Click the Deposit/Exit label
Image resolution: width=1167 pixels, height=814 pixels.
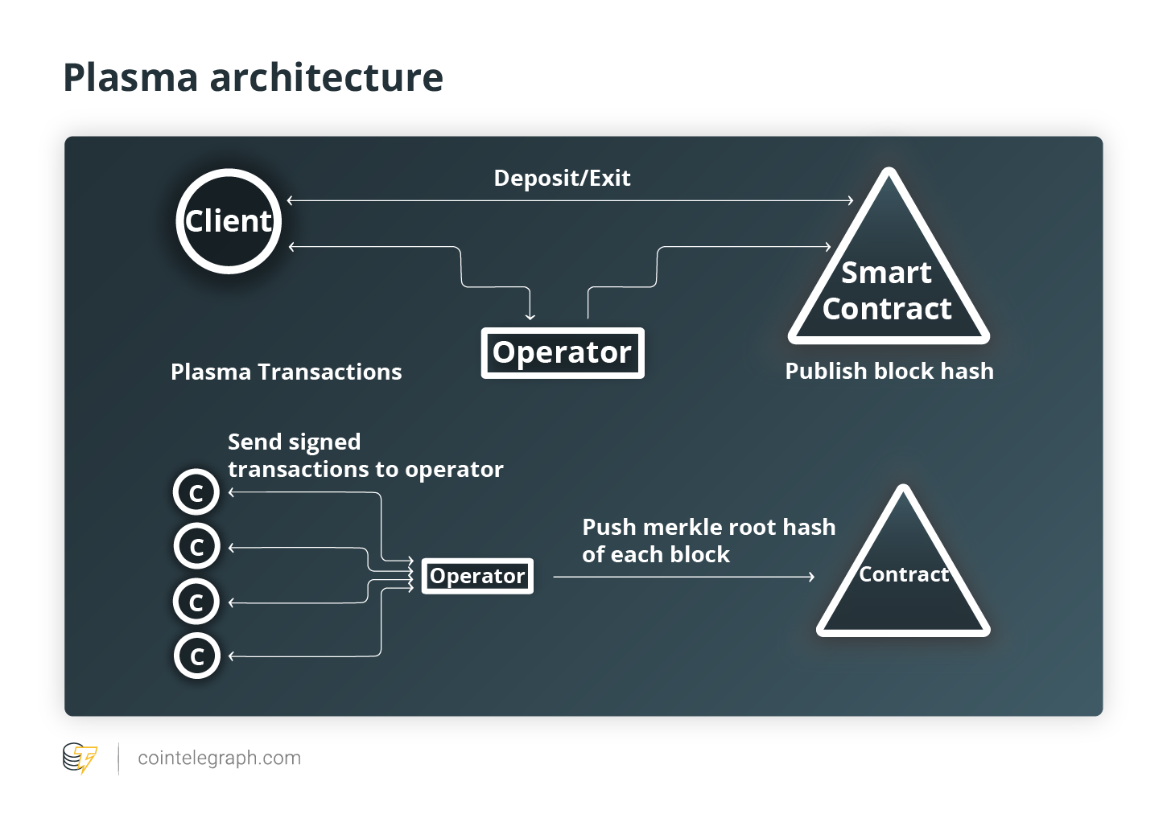click(x=562, y=178)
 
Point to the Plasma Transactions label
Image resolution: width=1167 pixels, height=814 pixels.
click(x=287, y=372)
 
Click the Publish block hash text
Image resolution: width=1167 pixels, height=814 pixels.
click(x=889, y=371)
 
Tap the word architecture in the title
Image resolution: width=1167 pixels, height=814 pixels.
click(x=326, y=77)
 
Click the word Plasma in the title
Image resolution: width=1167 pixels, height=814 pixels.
click(x=130, y=77)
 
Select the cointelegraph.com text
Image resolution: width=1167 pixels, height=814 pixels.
click(x=220, y=758)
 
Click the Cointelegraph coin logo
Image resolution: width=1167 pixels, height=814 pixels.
click(x=80, y=758)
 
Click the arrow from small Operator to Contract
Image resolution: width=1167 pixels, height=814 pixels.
click(x=683, y=577)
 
